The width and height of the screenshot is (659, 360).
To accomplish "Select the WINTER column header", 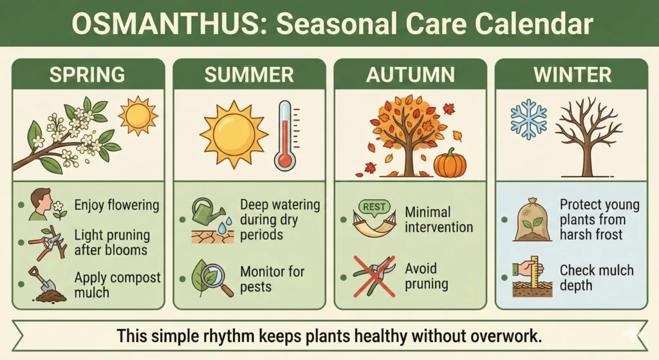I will tap(572, 75).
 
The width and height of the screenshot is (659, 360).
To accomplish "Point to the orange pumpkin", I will tap(450, 163).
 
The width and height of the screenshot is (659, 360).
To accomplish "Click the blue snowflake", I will tap(528, 119).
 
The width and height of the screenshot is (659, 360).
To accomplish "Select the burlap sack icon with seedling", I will tap(531, 219).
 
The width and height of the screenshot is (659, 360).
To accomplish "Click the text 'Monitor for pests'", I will tap(272, 279).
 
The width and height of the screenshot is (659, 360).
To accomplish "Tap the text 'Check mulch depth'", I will tap(596, 277).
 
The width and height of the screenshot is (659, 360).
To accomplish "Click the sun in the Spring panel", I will tap(137, 116).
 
